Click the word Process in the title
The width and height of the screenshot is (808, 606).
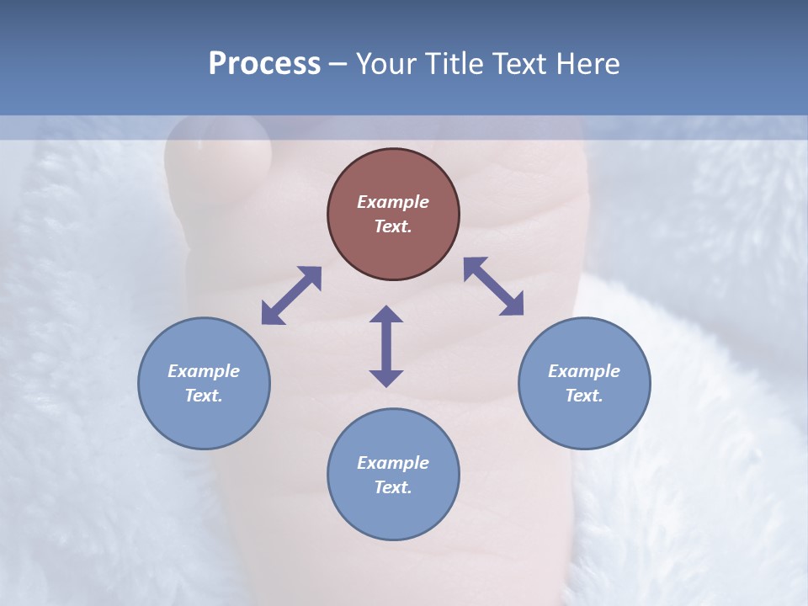(x=264, y=64)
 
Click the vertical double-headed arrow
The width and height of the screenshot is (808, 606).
(x=386, y=346)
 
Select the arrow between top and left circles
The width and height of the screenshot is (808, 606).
(x=291, y=295)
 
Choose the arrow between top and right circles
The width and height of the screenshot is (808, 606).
(x=493, y=286)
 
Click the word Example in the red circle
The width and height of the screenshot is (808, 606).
(x=393, y=202)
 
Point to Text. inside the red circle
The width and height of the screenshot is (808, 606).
(x=393, y=226)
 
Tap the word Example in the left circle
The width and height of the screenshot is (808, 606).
(x=204, y=371)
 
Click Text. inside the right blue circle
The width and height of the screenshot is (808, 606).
(x=584, y=396)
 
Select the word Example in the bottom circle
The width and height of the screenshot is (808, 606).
(x=393, y=463)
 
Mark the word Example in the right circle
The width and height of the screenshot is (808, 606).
(x=584, y=371)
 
